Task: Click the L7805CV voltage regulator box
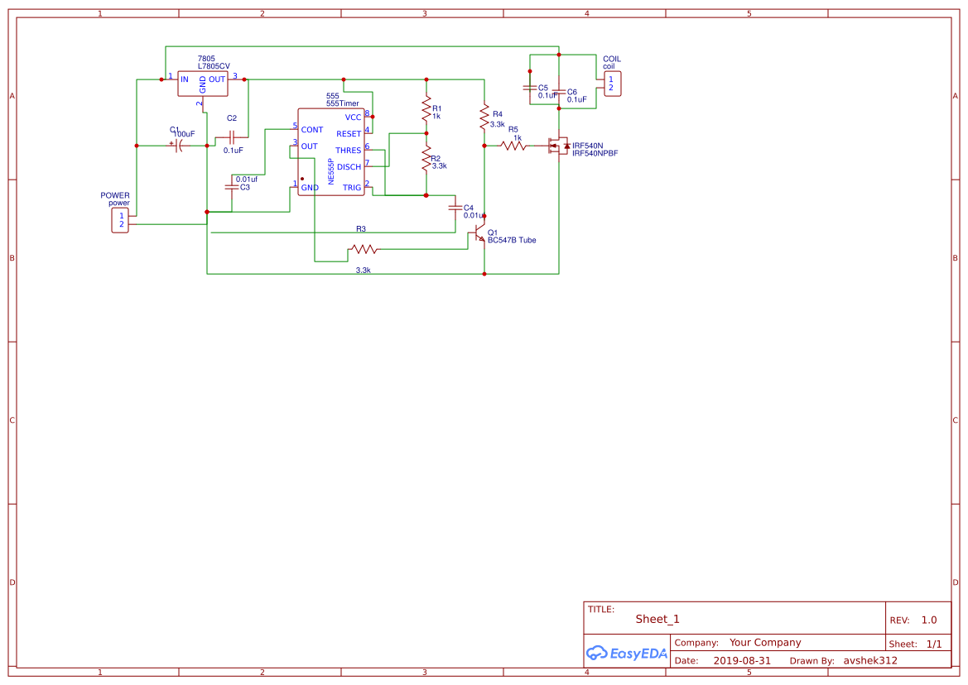coord(203,84)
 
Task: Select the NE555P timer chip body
coord(331,152)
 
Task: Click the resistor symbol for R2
coord(426,156)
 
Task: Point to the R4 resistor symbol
coord(484,118)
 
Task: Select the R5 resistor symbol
coord(513,146)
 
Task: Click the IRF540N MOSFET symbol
coord(558,146)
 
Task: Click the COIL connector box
coord(611,84)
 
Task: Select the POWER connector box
coord(121,220)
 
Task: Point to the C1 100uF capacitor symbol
coord(179,146)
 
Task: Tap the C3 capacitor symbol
coord(231,187)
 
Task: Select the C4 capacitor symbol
coord(454,207)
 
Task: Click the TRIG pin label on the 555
coord(352,188)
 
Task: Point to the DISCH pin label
coord(349,167)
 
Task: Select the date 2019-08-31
coord(742,661)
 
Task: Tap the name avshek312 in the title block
coord(869,661)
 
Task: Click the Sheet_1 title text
coord(657,619)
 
